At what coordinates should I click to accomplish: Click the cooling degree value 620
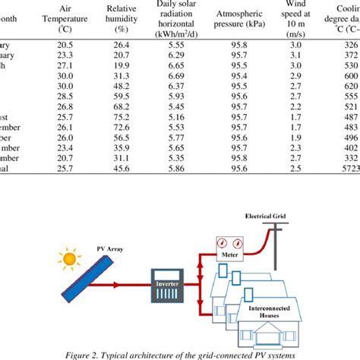[x=350, y=96]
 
